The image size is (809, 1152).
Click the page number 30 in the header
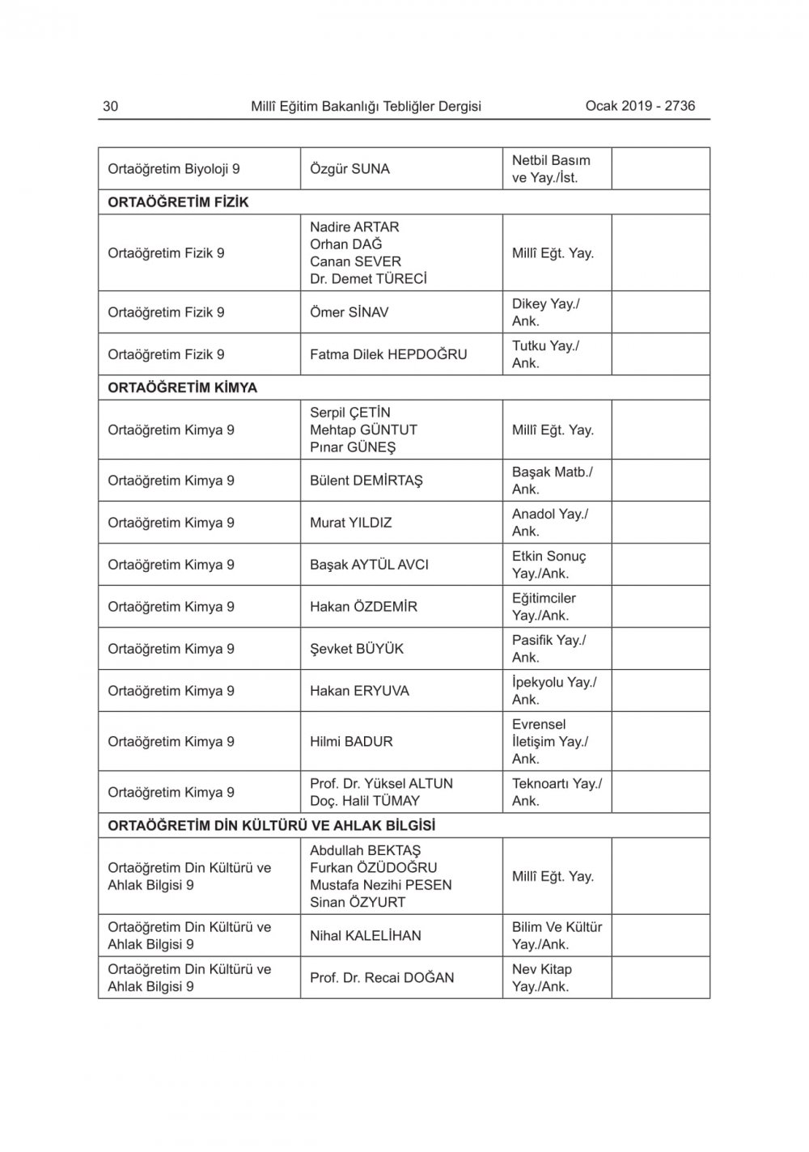pos(111,106)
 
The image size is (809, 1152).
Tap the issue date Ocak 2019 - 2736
pos(640,106)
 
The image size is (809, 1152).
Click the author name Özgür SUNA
pos(349,169)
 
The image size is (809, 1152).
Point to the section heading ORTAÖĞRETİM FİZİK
pos(178,202)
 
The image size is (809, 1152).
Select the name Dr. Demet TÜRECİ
pos(368,279)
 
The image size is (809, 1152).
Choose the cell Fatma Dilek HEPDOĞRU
pos(388,354)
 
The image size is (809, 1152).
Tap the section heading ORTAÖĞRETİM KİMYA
pos(182,388)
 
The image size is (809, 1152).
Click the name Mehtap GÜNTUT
pos(363,430)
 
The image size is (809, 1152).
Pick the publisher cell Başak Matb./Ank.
pos(552,481)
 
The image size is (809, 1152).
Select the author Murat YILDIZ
pos(350,523)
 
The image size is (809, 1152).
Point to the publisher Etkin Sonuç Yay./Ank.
pos(549,565)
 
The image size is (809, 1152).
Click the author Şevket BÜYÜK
pos(356,649)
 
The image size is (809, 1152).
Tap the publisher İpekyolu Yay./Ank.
pos(554,691)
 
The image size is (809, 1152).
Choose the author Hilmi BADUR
pos(351,741)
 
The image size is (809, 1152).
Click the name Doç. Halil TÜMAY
pos(365,801)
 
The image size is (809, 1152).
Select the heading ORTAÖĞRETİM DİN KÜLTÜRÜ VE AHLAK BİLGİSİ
pos(271,826)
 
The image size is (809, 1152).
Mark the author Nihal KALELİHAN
pos(365,936)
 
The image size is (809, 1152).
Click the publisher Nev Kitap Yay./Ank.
pos(541,978)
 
